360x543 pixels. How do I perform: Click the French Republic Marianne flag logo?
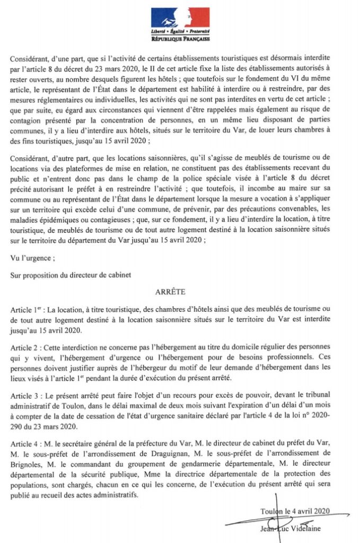[x=180, y=18]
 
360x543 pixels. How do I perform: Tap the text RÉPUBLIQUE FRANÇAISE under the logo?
[x=180, y=39]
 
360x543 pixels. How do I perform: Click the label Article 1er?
[x=27, y=309]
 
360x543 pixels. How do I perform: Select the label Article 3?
[x=26, y=394]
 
